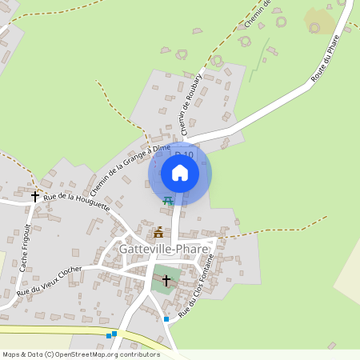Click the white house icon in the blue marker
pos(180,172)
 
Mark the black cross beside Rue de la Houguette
pos(35,195)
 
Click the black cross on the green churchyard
pos(166,280)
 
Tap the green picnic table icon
pos(167,201)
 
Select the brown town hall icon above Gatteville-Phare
pos(158,233)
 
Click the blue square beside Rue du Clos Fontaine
pos(166,319)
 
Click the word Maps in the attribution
pos(10,354)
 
